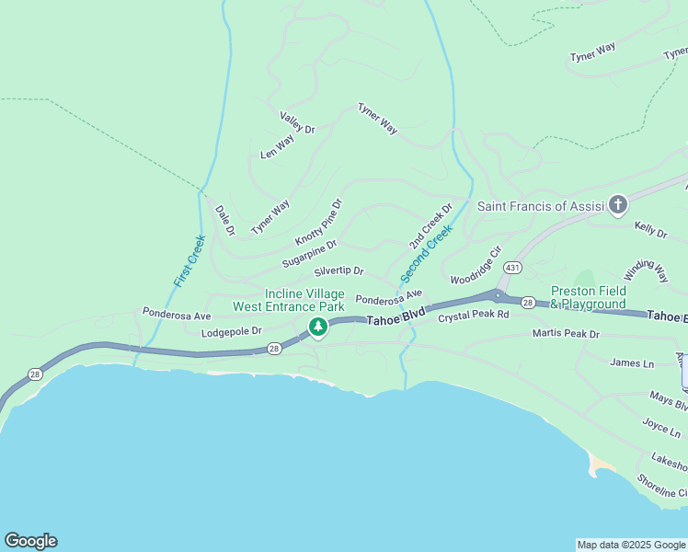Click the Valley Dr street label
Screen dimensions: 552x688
[297, 123]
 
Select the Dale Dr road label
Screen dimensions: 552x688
[225, 220]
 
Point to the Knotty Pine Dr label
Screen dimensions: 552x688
[318, 222]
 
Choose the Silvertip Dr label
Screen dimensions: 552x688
[338, 272]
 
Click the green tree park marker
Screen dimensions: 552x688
[318, 327]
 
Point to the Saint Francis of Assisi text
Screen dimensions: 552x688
[540, 205]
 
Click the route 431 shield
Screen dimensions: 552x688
[512, 267]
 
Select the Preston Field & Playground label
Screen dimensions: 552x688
[588, 297]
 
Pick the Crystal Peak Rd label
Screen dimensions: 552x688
[473, 316]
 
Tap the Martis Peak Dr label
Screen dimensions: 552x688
[566, 334]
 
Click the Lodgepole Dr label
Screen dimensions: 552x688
[232, 331]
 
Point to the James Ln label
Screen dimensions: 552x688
[631, 363]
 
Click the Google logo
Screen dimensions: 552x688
[30, 541]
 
